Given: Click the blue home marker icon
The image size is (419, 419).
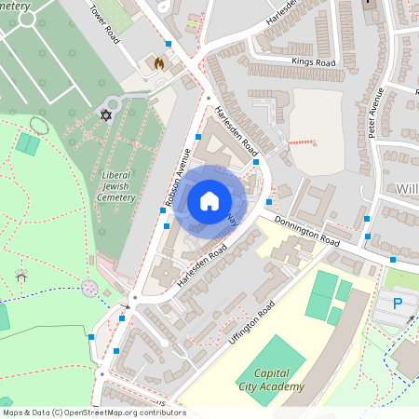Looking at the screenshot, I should [209, 200].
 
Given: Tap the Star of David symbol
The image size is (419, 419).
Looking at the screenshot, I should [105, 115].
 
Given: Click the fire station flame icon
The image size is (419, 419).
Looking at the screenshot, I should [158, 64].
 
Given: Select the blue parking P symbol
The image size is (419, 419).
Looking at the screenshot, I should [398, 303].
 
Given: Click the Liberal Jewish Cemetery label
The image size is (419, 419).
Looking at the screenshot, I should [116, 186].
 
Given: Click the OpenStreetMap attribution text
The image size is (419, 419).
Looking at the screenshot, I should [93, 412].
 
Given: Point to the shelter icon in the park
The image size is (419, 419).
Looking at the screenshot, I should [21, 276].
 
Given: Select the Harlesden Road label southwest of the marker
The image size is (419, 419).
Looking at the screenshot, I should [202, 264].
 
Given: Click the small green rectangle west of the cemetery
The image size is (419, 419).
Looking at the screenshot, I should [28, 145].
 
